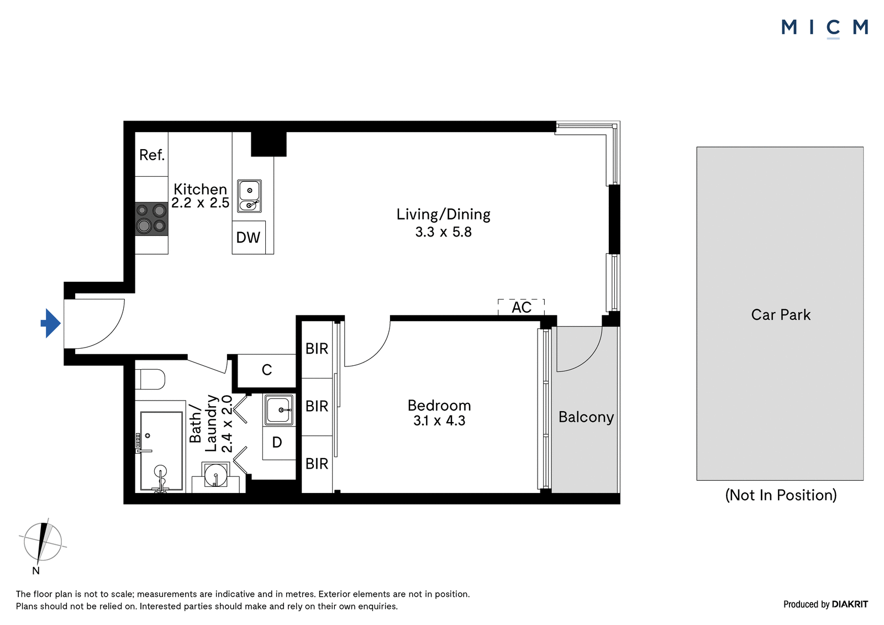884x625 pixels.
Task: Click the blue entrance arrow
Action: point(50,323)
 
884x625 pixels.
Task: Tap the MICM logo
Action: point(824,28)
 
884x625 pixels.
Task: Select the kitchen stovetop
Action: point(151,219)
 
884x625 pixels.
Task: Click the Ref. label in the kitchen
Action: point(152,155)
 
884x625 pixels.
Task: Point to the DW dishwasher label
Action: point(248,238)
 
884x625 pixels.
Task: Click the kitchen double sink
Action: point(249,196)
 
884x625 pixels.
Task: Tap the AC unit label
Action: point(522,307)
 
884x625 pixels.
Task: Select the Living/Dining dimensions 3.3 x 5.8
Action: point(443,232)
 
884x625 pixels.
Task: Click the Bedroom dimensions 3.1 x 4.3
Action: point(439,421)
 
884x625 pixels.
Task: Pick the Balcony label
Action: point(586,417)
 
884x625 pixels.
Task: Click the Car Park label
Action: point(781,315)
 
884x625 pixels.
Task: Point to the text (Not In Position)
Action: point(781,495)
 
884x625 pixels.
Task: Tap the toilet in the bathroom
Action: point(150,380)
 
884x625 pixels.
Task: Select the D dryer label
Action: point(277,443)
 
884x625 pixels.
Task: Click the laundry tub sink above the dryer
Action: point(280,410)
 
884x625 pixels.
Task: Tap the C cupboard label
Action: point(267,370)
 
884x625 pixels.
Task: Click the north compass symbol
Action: point(42,542)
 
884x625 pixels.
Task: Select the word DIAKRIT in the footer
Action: point(850,605)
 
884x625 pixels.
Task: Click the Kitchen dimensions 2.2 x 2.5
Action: point(200,203)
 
